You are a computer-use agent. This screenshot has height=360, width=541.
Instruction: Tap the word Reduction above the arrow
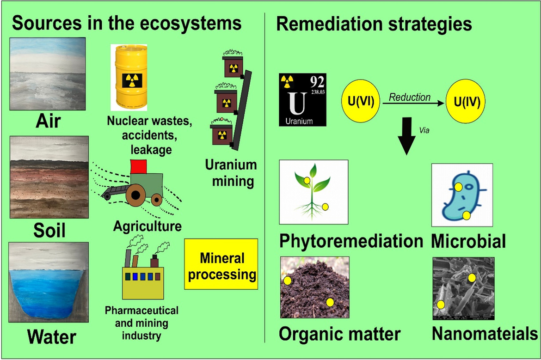pyautogui.click(x=410, y=97)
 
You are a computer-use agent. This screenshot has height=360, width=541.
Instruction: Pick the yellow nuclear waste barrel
pyautogui.click(x=129, y=74)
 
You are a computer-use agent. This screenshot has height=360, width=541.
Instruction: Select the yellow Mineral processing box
pyautogui.click(x=221, y=264)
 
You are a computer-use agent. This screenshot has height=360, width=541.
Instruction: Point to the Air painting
pyautogui.click(x=49, y=74)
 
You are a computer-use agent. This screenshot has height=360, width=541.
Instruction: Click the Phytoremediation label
pyautogui.click(x=351, y=241)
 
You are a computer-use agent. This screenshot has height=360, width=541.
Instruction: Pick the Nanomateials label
pyautogui.click(x=485, y=334)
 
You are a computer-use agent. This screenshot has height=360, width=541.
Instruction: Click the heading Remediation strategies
pyautogui.click(x=374, y=24)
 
